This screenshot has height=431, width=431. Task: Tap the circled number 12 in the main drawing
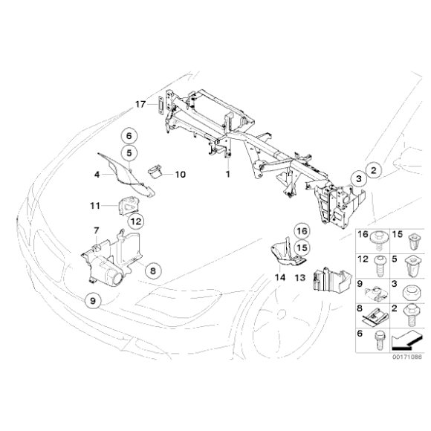point(135,221)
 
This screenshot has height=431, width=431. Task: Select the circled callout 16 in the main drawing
point(301,230)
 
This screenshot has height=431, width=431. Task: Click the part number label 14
point(279,276)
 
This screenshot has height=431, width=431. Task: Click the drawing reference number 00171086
point(406,356)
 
